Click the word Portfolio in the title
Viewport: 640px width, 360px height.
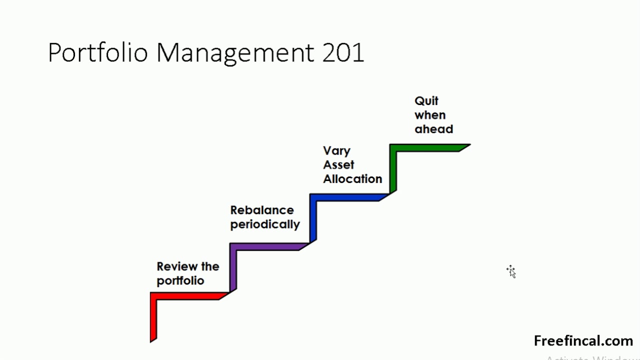click(x=97, y=52)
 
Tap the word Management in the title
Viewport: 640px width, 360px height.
click(x=235, y=52)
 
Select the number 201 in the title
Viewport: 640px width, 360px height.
click(x=343, y=52)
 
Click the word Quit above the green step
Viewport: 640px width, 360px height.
click(x=426, y=101)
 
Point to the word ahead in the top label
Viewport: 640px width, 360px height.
click(x=433, y=129)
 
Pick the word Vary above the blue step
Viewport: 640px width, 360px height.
click(x=336, y=151)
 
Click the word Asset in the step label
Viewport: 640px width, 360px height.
click(x=338, y=165)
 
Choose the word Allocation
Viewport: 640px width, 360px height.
click(x=352, y=179)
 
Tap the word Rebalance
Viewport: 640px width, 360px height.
click(x=262, y=210)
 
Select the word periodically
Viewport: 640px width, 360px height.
click(x=265, y=224)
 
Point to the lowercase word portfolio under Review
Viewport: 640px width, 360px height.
click(x=180, y=280)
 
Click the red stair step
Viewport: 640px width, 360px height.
click(x=185, y=296)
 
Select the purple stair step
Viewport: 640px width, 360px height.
click(x=265, y=246)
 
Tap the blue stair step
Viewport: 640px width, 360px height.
click(x=345, y=197)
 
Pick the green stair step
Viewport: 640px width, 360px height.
click(x=425, y=147)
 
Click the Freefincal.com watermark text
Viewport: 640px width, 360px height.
click(x=583, y=341)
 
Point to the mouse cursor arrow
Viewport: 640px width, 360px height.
click(x=511, y=272)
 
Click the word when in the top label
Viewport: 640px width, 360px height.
click(x=430, y=115)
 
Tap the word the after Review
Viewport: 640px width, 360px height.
click(x=210, y=266)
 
